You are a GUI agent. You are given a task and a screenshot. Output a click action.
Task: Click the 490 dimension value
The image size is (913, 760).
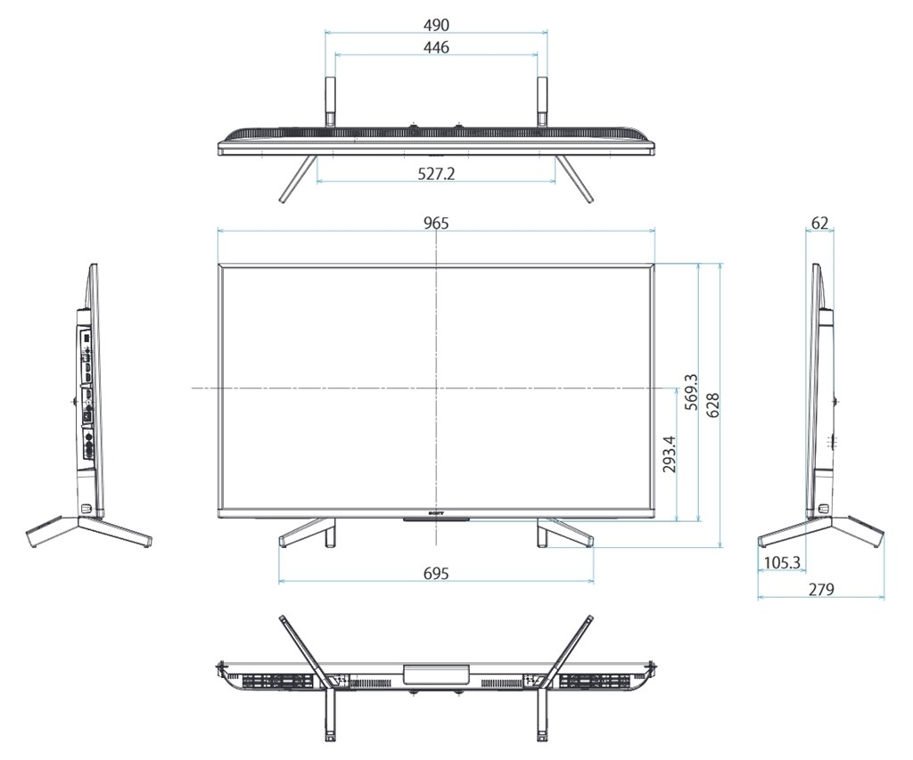point(436,24)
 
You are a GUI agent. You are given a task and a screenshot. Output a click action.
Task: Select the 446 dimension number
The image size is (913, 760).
point(436,47)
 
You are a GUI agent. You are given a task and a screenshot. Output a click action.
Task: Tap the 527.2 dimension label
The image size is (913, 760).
point(436,174)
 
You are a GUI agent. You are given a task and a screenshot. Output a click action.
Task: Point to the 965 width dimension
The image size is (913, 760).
point(436,223)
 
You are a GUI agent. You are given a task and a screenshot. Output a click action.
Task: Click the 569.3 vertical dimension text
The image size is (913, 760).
point(689,393)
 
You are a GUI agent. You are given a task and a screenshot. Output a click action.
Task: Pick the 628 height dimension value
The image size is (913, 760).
point(712,405)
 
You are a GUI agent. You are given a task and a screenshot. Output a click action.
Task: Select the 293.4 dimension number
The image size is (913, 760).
point(670,454)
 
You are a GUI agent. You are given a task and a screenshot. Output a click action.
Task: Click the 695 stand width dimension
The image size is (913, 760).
point(436,573)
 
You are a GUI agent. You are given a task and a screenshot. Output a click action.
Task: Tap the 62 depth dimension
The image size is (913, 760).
point(820,223)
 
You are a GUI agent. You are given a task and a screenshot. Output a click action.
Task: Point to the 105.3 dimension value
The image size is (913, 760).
point(782,563)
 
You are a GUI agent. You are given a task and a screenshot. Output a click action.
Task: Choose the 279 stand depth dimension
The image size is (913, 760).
point(820,589)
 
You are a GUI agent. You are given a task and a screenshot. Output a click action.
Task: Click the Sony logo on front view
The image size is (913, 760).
point(436,514)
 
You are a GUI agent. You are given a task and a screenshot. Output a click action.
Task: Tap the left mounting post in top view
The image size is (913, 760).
point(329,100)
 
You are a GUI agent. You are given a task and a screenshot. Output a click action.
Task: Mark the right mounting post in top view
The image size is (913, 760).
point(541,100)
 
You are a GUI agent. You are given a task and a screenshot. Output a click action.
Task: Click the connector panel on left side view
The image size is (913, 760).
point(86,392)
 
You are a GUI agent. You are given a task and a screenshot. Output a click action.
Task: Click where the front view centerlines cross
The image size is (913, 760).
point(436,388)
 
